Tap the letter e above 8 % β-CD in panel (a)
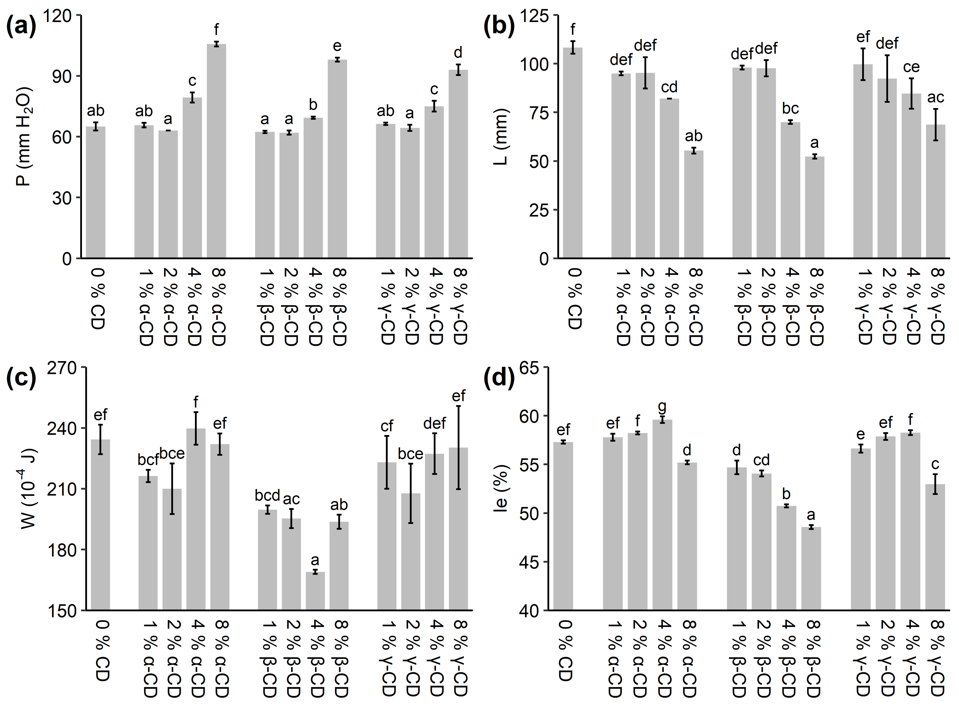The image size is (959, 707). tap(337, 46)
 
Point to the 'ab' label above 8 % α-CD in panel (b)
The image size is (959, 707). tap(693, 136)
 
